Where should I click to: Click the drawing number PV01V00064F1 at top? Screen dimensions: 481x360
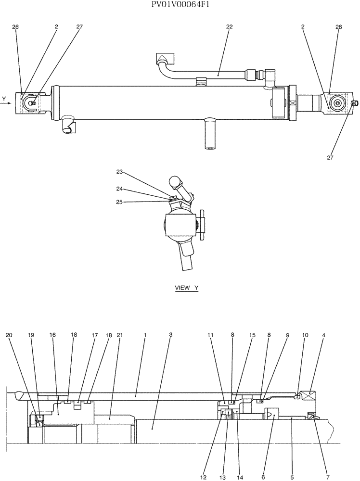pyautogui.click(x=180, y=5)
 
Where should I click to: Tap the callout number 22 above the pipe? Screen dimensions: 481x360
pyautogui.click(x=229, y=27)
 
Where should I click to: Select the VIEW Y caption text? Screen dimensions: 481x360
pyautogui.click(x=187, y=288)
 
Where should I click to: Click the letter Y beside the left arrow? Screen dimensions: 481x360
pyautogui.click(x=4, y=99)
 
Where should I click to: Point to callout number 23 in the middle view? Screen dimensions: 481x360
pyautogui.click(x=120, y=172)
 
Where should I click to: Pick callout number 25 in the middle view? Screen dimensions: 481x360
pyautogui.click(x=120, y=202)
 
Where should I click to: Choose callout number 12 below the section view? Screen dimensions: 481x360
pyautogui.click(x=204, y=464)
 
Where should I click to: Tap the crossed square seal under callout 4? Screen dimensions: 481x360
pyautogui.click(x=308, y=396)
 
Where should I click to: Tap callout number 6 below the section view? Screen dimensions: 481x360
pyautogui.click(x=263, y=464)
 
